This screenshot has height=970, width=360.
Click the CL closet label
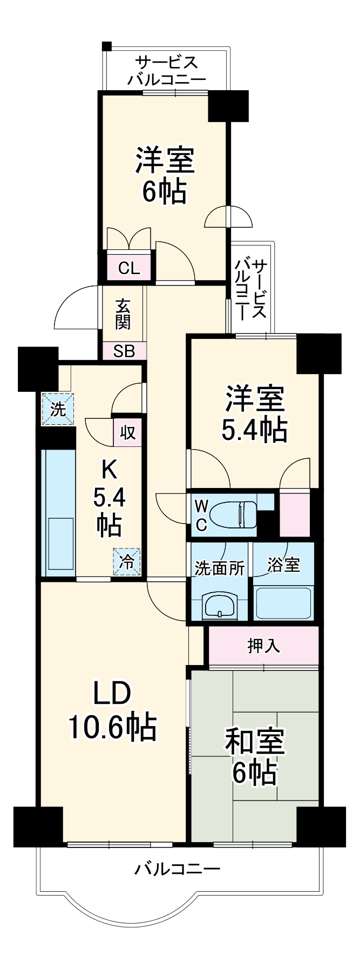129,268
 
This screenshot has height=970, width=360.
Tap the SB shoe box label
124,351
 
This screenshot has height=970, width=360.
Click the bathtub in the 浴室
283,602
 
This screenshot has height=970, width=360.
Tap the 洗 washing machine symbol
58,409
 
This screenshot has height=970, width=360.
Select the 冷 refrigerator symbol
126,562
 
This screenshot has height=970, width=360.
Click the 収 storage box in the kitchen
127,432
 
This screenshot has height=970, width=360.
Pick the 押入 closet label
263,646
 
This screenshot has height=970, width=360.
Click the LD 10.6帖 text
112,712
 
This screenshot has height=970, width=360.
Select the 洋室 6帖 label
165,175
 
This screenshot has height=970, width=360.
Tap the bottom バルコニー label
178,869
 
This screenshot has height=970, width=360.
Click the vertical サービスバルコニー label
252,289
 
